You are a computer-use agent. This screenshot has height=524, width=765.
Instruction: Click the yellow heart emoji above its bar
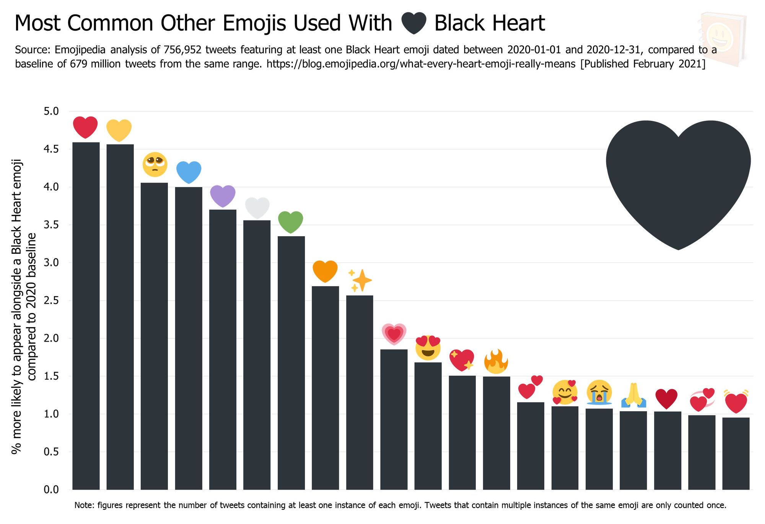(119, 130)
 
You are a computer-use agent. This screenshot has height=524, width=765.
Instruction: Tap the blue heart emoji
(189, 172)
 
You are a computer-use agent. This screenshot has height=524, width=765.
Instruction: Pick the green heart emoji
(290, 222)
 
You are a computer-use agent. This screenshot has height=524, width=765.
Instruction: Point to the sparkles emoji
(360, 280)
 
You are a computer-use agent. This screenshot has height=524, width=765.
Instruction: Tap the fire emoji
(496, 362)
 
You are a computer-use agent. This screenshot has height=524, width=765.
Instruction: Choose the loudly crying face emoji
(599, 392)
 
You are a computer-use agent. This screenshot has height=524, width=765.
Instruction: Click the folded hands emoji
(633, 395)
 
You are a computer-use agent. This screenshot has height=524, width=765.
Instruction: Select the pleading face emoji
(155, 164)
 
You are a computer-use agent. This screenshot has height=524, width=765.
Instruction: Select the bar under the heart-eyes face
(428, 426)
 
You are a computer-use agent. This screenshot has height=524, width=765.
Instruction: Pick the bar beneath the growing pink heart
(394, 419)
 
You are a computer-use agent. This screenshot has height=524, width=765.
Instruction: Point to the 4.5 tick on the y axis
(51, 149)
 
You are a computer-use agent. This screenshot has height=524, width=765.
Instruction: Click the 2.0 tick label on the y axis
(51, 338)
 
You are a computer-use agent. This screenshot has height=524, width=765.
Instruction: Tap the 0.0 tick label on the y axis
(51, 490)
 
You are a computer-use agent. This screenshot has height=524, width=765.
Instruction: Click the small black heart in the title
(413, 23)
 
